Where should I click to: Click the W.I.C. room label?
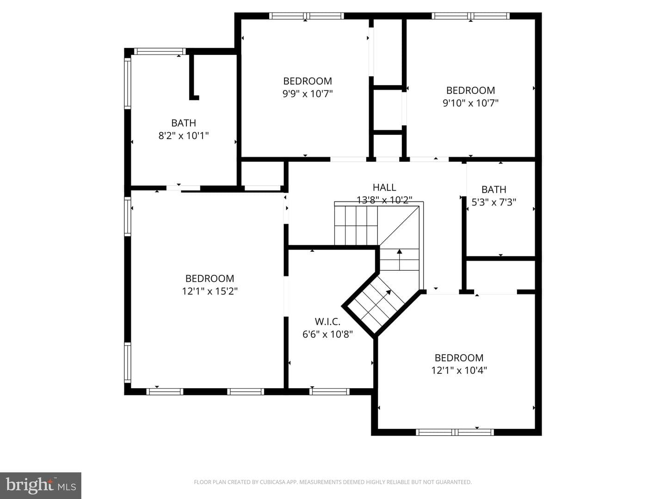coord(327,321)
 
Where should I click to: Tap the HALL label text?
coord(384,188)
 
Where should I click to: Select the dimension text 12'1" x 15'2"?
coord(210,291)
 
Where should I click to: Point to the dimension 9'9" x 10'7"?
coord(308,94)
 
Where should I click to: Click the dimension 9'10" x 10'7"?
coord(470,103)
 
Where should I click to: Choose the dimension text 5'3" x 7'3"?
coord(493,202)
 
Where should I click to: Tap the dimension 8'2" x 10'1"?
coord(184,135)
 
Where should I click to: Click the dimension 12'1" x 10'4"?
coord(459,370)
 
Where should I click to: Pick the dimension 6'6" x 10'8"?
coord(327,334)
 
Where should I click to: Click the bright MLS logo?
coord(41,485)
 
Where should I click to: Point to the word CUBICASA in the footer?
coord(272,482)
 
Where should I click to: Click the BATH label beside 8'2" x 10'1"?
coord(184,123)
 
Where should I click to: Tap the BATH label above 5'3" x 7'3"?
coord(493,189)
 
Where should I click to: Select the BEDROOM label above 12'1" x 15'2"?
coord(210,279)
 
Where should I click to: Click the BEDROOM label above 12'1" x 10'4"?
coord(459,358)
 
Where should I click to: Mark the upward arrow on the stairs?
coord(399,259)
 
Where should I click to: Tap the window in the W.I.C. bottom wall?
coord(329,391)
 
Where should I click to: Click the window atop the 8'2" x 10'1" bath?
coord(160,51)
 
